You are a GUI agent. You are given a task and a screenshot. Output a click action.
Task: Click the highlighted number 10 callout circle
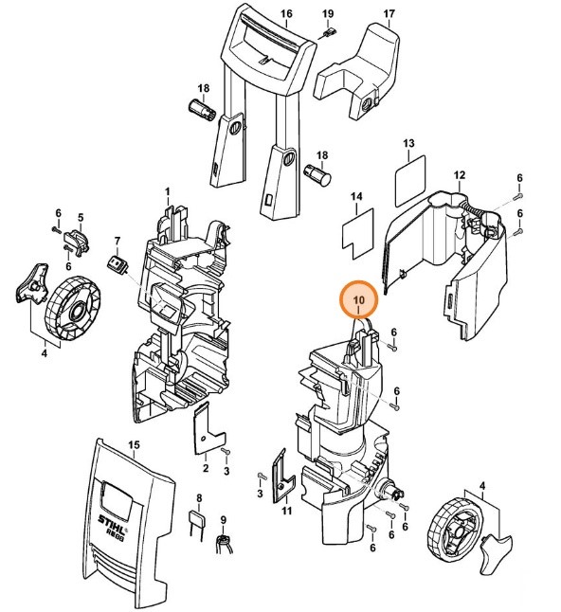coord(359,300)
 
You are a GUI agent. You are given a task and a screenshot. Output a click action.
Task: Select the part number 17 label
coord(389,14)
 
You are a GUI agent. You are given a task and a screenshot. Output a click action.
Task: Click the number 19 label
coord(328,14)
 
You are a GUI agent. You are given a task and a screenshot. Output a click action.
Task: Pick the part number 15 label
coord(134,445)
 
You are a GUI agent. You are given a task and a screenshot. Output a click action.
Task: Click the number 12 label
coord(460,176)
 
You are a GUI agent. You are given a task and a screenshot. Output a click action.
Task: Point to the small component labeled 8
coord(198,522)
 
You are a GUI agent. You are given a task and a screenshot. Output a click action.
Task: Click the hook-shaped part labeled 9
coord(226,543)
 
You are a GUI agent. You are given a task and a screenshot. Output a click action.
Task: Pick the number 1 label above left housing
coord(168,192)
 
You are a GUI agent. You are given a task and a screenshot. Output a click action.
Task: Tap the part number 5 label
coord(81,217)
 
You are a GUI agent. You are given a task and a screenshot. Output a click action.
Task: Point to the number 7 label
coord(118,242)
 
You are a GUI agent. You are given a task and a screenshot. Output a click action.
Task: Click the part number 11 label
coord(286,513)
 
